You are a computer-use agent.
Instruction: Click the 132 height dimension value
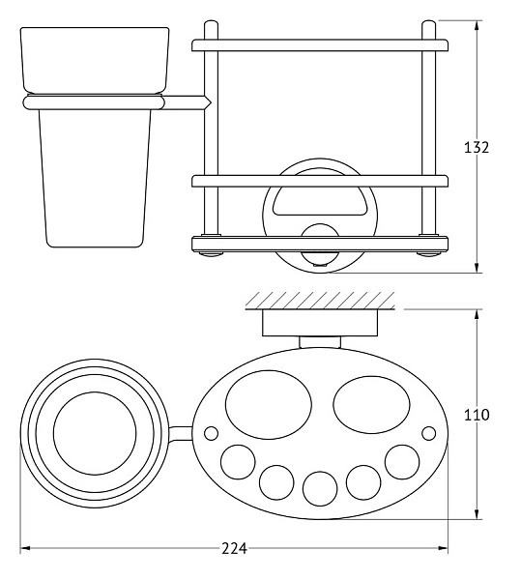coord(477,147)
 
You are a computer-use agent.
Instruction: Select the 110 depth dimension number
coord(477,415)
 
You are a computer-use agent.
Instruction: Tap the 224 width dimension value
coord(235,548)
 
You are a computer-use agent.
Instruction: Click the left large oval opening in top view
coord(269,405)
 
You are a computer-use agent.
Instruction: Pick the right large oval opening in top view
coord(371,405)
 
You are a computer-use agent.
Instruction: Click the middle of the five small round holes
coord(320,488)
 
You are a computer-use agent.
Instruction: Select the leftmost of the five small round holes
coord(238,462)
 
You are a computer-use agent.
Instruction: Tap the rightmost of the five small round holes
coord(402,462)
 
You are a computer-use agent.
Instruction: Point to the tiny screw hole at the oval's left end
coord(211,433)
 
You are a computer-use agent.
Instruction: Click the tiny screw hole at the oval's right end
coord(428,433)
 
